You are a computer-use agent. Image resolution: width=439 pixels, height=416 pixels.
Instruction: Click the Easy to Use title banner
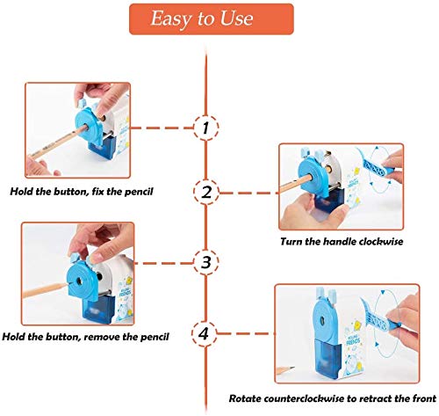(x=212, y=19)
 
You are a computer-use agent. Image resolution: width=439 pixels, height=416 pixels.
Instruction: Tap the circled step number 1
(x=205, y=128)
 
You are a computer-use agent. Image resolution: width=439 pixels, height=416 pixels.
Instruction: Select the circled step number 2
(x=206, y=192)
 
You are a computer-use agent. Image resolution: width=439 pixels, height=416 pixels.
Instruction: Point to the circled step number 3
(x=206, y=262)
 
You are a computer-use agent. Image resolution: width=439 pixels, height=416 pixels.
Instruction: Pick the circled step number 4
(x=205, y=333)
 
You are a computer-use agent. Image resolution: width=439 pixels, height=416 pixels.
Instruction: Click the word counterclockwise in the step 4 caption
(x=304, y=398)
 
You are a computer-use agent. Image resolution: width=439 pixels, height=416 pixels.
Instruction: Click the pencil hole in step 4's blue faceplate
(x=322, y=320)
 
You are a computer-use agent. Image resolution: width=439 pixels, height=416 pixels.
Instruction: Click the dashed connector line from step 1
(x=162, y=128)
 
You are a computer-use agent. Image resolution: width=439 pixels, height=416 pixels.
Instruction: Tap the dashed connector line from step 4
(x=246, y=333)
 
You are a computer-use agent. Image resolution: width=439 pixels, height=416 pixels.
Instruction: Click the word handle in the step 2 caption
(x=339, y=242)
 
